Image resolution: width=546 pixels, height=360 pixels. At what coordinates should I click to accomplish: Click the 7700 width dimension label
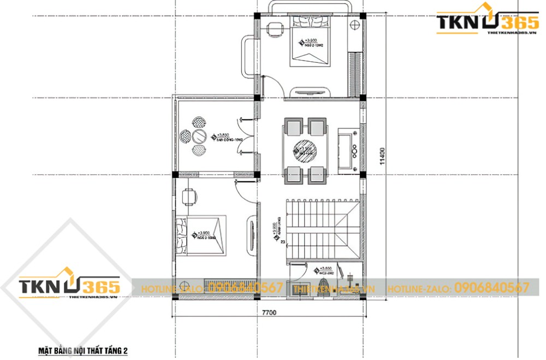[x=269, y=313]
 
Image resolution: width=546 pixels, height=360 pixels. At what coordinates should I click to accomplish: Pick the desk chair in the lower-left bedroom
[x=189, y=196]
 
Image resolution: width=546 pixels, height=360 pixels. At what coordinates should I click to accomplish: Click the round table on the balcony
[x=200, y=136]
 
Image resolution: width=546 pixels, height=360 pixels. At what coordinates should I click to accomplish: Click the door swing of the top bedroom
[x=271, y=87]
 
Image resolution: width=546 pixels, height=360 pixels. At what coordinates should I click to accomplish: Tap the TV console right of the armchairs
[x=347, y=149]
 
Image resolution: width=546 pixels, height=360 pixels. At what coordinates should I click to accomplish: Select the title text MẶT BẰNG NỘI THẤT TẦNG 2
[x=82, y=350]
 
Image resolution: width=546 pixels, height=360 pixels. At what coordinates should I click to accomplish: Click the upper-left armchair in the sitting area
[x=293, y=127]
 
